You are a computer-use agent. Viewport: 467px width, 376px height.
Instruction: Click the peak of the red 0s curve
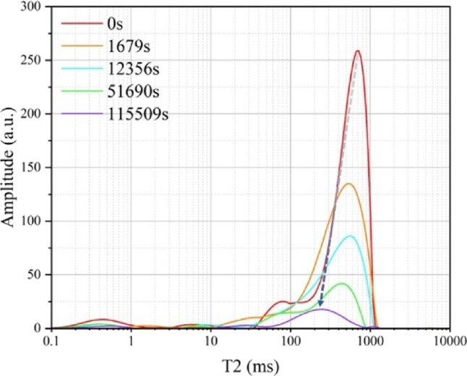tap(357, 51)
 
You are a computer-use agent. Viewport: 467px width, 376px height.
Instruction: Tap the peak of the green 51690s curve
tap(341, 283)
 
